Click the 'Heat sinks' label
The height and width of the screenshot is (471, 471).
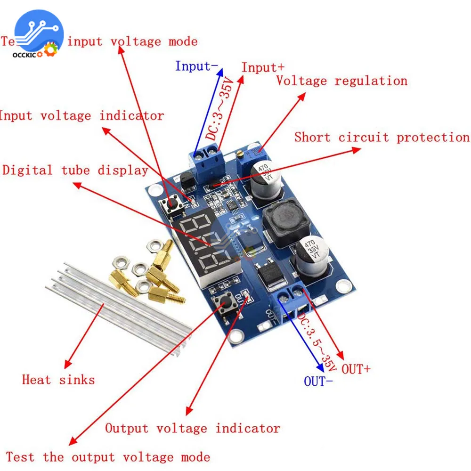(58, 380)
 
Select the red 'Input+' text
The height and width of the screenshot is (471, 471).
(263, 67)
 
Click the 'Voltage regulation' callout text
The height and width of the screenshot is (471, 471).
(341, 81)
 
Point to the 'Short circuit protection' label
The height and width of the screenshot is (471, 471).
(382, 137)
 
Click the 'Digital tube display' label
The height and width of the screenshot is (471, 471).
(75, 170)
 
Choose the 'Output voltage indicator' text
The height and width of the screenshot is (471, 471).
(192, 429)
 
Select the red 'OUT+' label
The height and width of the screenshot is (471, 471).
(356, 369)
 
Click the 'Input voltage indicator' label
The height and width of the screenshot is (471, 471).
(81, 115)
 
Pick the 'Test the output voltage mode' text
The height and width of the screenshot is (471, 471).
(108, 457)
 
